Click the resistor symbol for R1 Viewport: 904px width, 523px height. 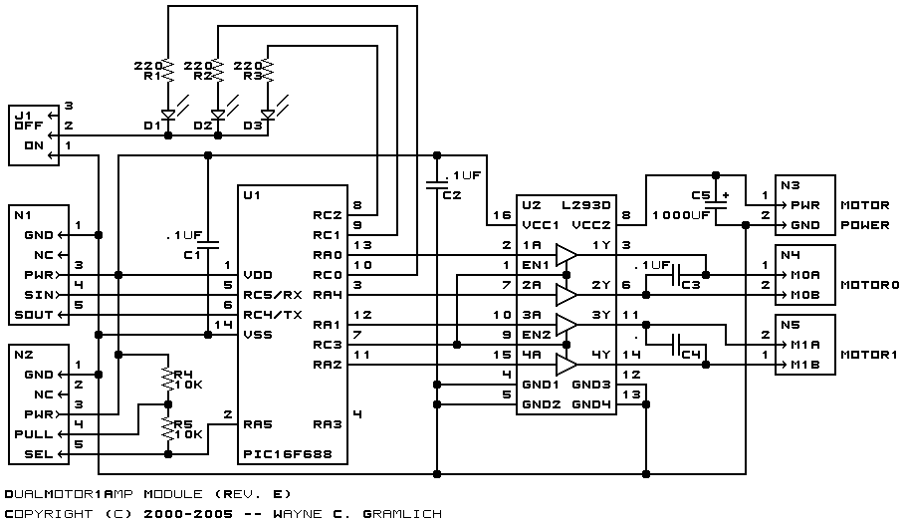pyautogui.click(x=168, y=70)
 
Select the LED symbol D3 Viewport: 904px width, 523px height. pyautogui.click(x=268, y=115)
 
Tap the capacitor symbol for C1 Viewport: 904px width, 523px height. pyautogui.click(x=208, y=244)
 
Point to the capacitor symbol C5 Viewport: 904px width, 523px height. pyautogui.click(x=716, y=204)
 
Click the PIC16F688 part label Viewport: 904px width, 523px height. pyautogui.click(x=288, y=454)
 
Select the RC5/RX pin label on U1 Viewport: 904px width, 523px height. pyautogui.click(x=273, y=295)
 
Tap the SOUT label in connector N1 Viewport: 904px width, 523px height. pyautogui.click(x=38, y=315)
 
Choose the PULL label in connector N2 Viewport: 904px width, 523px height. pyautogui.click(x=34, y=434)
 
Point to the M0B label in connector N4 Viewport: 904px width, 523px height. pyautogui.click(x=804, y=295)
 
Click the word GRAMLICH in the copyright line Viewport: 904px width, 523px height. pyautogui.click(x=402, y=513)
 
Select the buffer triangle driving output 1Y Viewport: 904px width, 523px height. pyautogui.click(x=566, y=255)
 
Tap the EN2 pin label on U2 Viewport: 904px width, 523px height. pyautogui.click(x=537, y=335)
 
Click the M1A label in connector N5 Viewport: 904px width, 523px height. pyautogui.click(x=804, y=345)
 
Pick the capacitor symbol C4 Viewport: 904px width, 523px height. pyautogui.click(x=676, y=345)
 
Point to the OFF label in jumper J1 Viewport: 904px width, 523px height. pyautogui.click(x=29, y=126)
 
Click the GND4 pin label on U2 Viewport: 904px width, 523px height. pyautogui.click(x=591, y=404)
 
